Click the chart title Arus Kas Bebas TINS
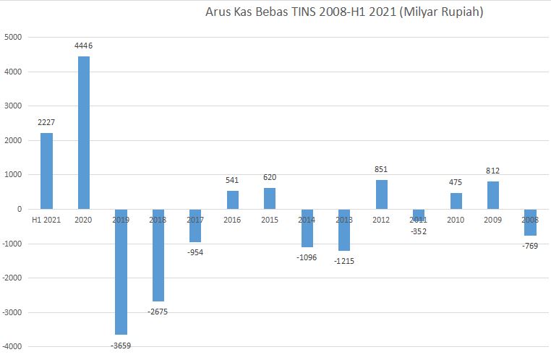[344, 12]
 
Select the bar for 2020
[84, 132]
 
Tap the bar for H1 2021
[46, 171]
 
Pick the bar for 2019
[121, 271]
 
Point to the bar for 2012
[381, 194]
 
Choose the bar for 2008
[530, 222]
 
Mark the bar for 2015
[270, 198]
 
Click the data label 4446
[84, 46]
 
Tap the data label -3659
[121, 346]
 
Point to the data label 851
[381, 169]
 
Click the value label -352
[419, 232]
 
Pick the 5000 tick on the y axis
[13, 38]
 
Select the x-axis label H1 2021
[46, 218]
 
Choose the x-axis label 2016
[233, 218]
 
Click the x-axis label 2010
[456, 218]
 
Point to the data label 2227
[46, 122]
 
